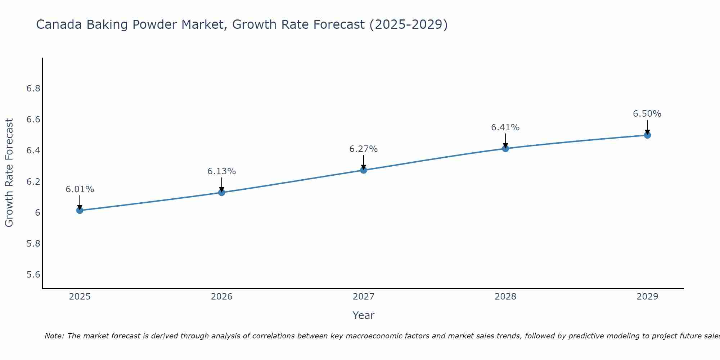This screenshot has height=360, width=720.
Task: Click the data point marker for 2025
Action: [x=80, y=210]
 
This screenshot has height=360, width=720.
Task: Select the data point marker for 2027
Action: [x=364, y=170]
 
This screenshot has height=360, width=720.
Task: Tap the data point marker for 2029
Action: [x=647, y=135]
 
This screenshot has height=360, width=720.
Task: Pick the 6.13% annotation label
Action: [x=221, y=171]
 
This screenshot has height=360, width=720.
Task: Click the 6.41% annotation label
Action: [x=505, y=127]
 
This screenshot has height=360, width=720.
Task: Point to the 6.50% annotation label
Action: [x=647, y=114]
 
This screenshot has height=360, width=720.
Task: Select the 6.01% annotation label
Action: [x=80, y=189]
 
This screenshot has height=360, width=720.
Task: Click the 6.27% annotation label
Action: [x=363, y=149]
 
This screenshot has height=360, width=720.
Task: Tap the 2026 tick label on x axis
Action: [x=221, y=297]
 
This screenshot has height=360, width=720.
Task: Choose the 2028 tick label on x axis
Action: [x=505, y=297]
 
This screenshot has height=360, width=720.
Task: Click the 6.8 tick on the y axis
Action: [x=33, y=89]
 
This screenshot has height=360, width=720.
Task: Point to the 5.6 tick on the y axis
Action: [x=33, y=275]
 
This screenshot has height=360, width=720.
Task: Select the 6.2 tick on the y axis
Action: [x=33, y=181]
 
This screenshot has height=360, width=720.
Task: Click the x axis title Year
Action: [x=363, y=315]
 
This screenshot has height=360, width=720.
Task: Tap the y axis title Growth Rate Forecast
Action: [x=9, y=172]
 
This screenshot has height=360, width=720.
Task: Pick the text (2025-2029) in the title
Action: [x=408, y=25]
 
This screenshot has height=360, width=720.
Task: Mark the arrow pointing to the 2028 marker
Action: [x=505, y=140]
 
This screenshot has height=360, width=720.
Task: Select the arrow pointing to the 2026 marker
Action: [x=221, y=184]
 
